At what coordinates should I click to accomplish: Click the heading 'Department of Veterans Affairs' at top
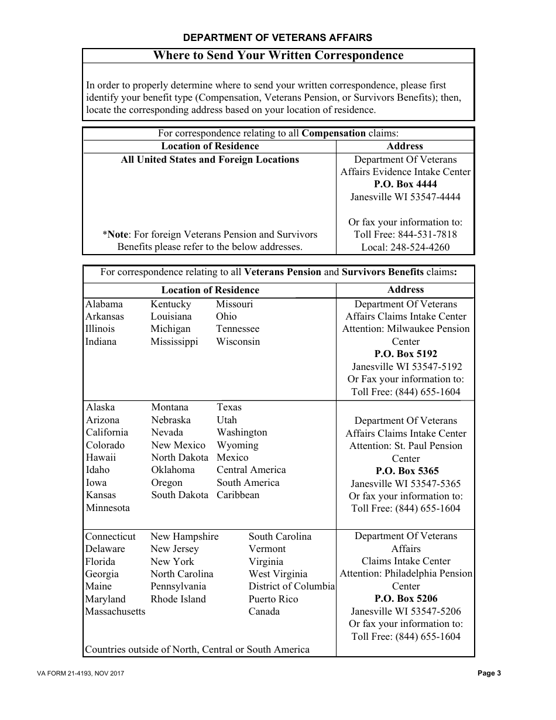click(x=277, y=37)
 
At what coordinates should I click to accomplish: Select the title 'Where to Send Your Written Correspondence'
click(x=278, y=56)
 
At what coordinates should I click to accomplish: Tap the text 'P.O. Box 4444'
click(x=406, y=184)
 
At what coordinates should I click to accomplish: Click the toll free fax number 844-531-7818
click(x=427, y=234)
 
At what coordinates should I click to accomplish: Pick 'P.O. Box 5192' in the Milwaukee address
click(x=406, y=354)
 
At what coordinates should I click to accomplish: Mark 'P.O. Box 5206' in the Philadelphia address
click(x=406, y=599)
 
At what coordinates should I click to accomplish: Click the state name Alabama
click(x=104, y=304)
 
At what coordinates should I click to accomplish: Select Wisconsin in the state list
click(x=238, y=342)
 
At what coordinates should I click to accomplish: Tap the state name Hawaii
click(x=101, y=458)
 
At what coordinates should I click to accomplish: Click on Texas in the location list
click(x=229, y=407)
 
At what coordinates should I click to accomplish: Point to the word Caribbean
click(x=238, y=495)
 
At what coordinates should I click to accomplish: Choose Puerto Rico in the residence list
click(x=273, y=599)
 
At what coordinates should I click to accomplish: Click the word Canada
click(x=264, y=612)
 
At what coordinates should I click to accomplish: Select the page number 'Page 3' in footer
click(x=489, y=673)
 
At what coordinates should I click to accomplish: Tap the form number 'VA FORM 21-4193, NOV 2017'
click(x=81, y=674)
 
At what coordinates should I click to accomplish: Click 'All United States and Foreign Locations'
click(x=210, y=160)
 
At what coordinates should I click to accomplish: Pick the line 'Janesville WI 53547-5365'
click(x=406, y=484)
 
